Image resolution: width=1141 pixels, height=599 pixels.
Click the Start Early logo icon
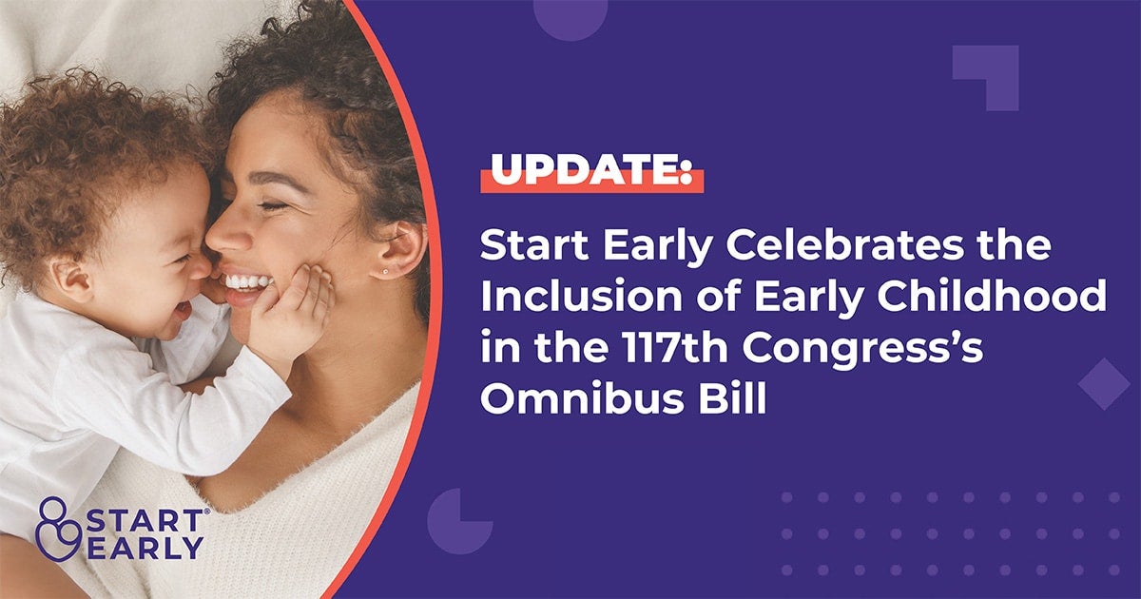pos(54,530)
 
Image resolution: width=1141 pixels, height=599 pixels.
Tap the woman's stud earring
pos(385,272)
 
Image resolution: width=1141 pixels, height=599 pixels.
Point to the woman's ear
pos(399,250)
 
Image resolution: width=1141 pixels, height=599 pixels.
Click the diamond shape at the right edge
pos(1104,383)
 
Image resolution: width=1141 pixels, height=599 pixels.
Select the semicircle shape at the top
pos(570,17)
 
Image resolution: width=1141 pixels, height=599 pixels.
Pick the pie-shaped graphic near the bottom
pos(458,522)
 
